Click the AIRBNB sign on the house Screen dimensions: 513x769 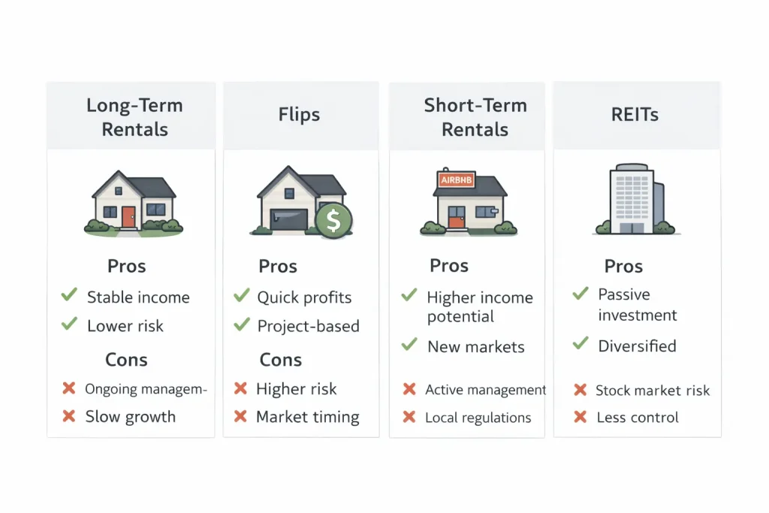456,180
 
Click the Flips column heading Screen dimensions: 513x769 299,115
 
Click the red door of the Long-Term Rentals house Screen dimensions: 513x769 129,217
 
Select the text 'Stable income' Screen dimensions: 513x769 138,297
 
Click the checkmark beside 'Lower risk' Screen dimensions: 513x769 69,324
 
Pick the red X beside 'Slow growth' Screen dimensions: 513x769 69,416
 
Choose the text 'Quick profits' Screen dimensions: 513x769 304,297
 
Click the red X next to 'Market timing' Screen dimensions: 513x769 241,416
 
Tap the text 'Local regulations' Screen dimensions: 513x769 478,418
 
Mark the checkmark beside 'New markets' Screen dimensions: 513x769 409,345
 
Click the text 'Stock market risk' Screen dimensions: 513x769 652,391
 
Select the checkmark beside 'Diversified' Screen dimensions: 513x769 581,344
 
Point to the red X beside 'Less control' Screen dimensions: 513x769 580,417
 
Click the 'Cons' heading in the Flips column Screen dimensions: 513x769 280,360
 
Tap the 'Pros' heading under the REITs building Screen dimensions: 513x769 623,267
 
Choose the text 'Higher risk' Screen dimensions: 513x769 296,389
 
